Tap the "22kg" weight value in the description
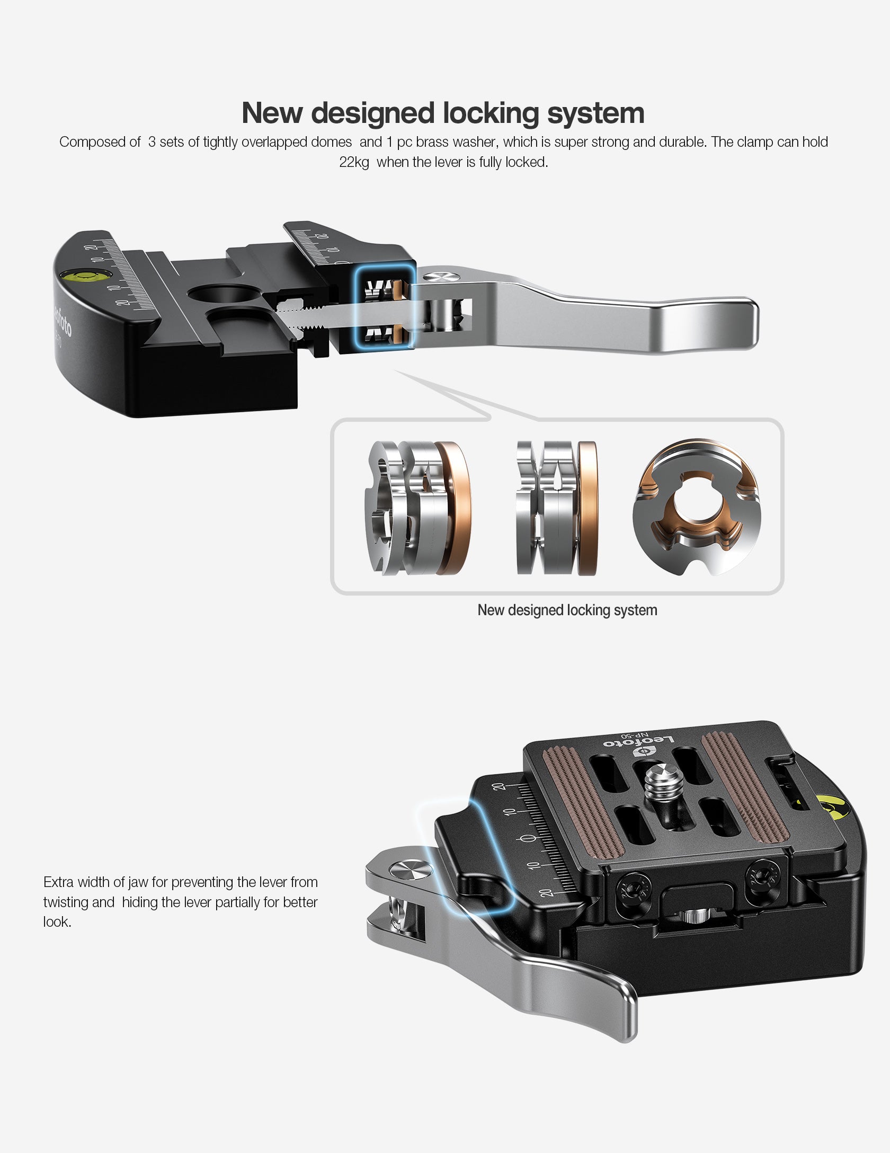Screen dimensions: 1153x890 click(354, 162)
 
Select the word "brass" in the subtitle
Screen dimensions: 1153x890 click(432, 142)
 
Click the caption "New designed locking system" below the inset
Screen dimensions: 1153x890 click(567, 610)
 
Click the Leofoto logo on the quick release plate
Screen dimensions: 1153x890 click(638, 744)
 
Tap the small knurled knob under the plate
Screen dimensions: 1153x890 click(695, 916)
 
